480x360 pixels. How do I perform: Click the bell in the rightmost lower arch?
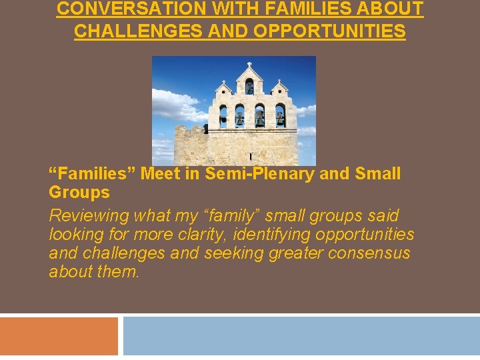[280, 117]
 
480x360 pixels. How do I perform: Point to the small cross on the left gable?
[223, 81]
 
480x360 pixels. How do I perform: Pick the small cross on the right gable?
[278, 81]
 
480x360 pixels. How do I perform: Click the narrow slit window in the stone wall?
[250, 156]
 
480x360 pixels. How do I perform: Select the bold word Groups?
[79, 193]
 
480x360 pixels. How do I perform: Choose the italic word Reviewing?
[89, 216]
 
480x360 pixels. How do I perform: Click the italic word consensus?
[373, 253]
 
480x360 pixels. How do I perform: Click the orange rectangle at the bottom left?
[59, 336]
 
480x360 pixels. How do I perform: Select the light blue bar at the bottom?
[301, 336]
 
